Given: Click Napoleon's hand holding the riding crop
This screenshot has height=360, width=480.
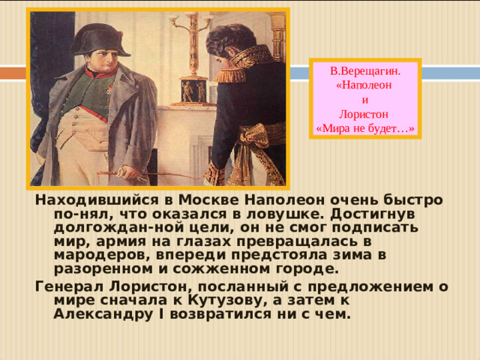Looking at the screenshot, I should (103, 169).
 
